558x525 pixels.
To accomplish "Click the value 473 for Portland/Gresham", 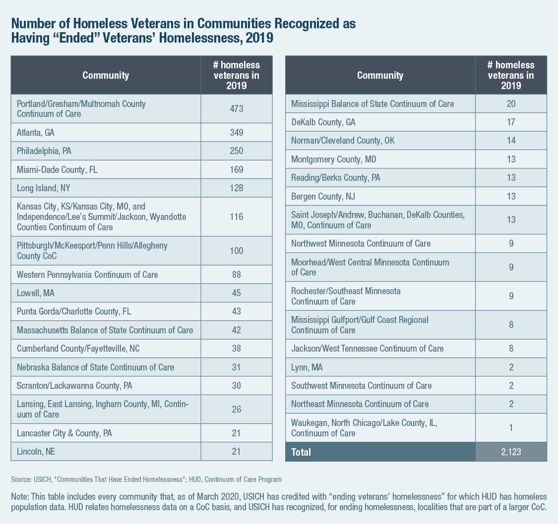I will coord(236,108).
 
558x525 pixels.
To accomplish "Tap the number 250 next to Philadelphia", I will coord(236,151).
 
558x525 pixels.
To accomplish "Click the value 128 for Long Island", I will coord(236,188).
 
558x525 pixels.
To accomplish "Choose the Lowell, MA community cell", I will coord(36,293).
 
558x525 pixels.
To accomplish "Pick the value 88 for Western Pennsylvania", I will coord(236,274).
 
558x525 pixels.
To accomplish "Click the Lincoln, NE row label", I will coord(36,451).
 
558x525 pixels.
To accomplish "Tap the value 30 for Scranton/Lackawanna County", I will coord(236,385).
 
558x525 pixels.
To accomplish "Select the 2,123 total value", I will coord(511,452).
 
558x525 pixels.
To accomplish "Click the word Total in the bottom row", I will coord(301,452).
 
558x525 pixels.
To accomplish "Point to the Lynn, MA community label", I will coord(308,367).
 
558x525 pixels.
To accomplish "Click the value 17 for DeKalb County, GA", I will coord(511,122).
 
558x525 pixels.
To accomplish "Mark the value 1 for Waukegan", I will coord(511,427).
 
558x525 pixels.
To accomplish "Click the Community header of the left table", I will coord(106,75).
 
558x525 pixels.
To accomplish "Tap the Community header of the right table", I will coord(380,75).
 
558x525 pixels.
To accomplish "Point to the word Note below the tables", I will coord(19,496).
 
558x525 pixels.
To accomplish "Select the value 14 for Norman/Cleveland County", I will coord(511,141).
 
